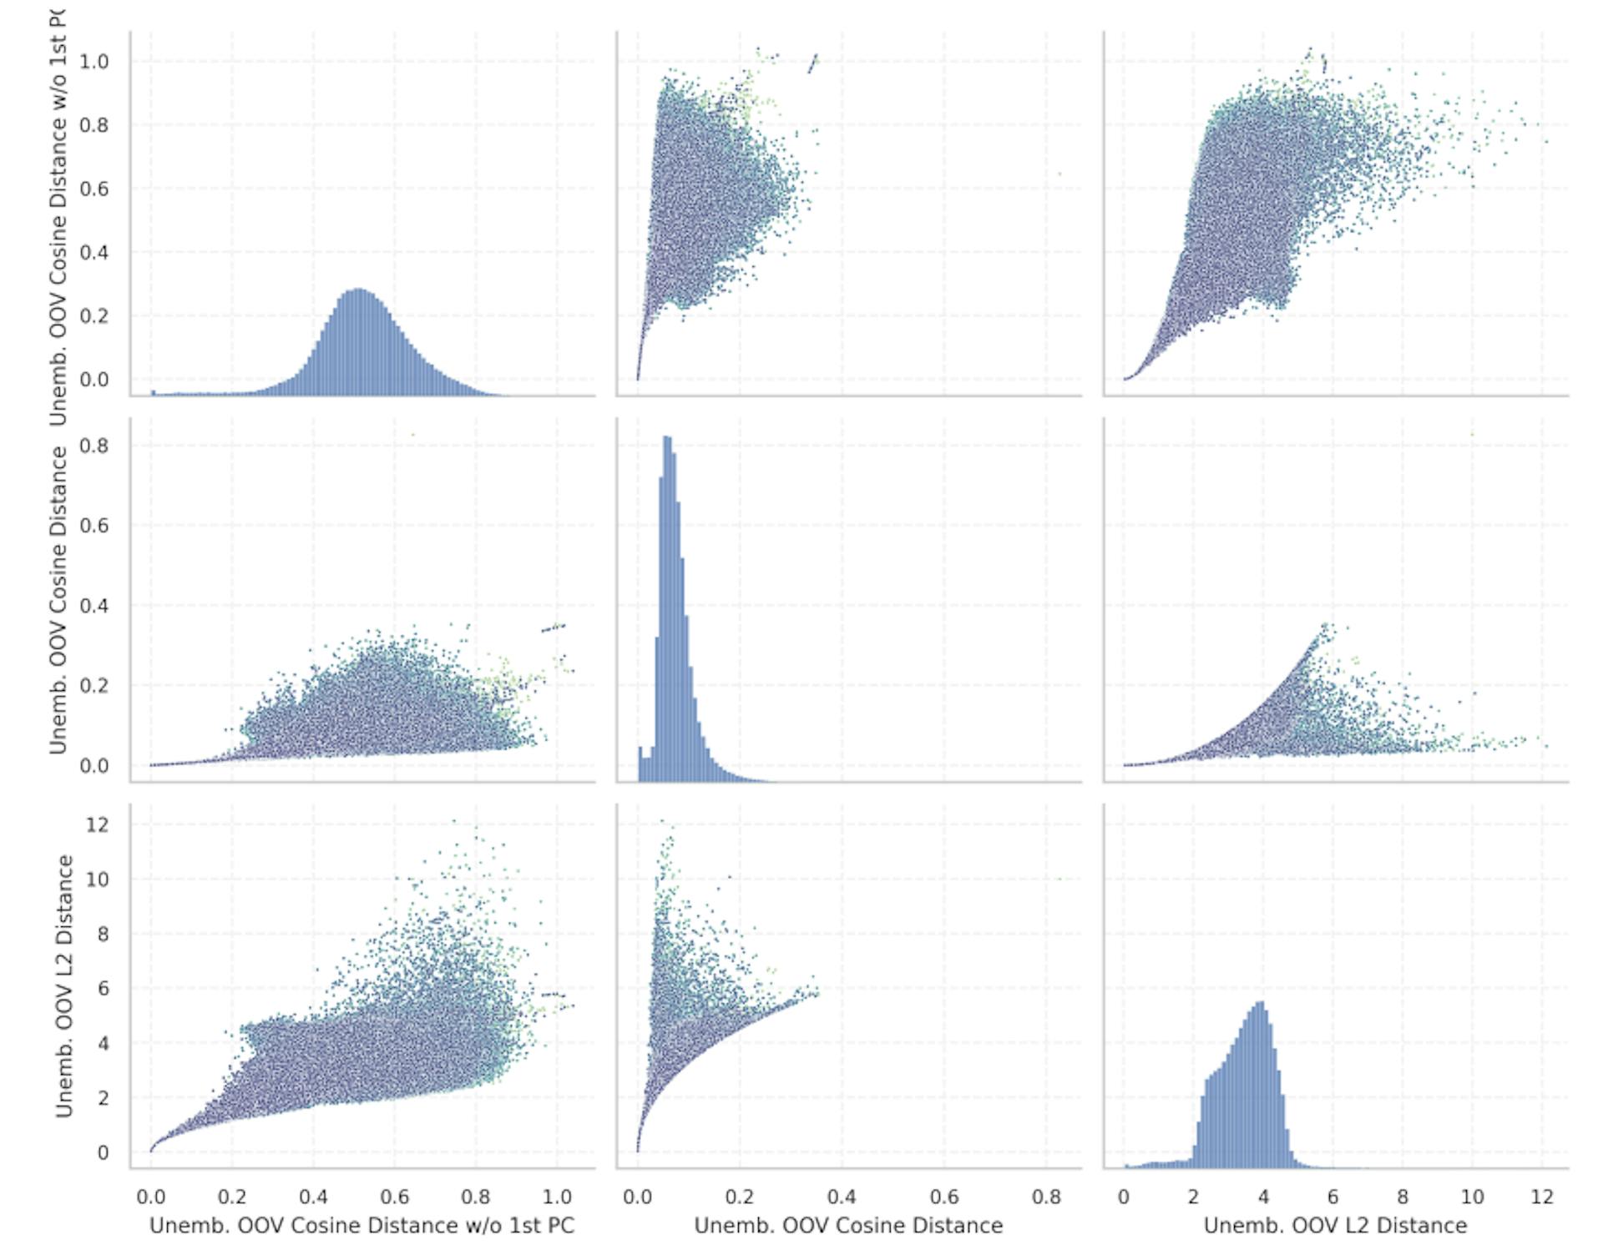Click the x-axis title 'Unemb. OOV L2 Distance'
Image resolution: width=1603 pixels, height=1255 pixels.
[x=1335, y=1225]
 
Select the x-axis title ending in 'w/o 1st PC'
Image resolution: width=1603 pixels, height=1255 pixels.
[x=362, y=1225]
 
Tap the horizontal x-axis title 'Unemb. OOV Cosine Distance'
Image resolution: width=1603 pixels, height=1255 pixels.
[x=848, y=1225]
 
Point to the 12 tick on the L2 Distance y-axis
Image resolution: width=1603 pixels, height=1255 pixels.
[x=98, y=824]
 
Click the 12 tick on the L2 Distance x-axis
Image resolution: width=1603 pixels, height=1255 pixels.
[x=1541, y=1197]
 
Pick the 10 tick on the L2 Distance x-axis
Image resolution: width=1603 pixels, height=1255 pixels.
[x=1472, y=1197]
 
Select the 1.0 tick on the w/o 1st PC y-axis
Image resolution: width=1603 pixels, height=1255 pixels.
[x=94, y=62]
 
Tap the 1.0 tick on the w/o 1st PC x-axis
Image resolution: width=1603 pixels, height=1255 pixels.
[x=557, y=1197]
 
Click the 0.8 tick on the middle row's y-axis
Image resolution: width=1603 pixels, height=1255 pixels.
[x=94, y=446]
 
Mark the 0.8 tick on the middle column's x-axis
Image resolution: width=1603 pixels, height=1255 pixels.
[x=1046, y=1197]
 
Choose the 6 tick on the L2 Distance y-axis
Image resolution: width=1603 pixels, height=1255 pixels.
[x=102, y=989]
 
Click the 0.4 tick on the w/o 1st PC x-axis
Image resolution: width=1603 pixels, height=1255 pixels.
[x=313, y=1197]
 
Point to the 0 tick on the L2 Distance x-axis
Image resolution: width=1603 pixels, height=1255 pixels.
[x=1124, y=1197]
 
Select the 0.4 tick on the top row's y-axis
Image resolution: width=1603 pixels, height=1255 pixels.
[x=94, y=252]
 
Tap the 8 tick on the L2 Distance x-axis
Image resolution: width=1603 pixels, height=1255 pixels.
[x=1403, y=1197]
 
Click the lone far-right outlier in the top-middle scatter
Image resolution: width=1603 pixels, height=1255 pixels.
[x=1059, y=174]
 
